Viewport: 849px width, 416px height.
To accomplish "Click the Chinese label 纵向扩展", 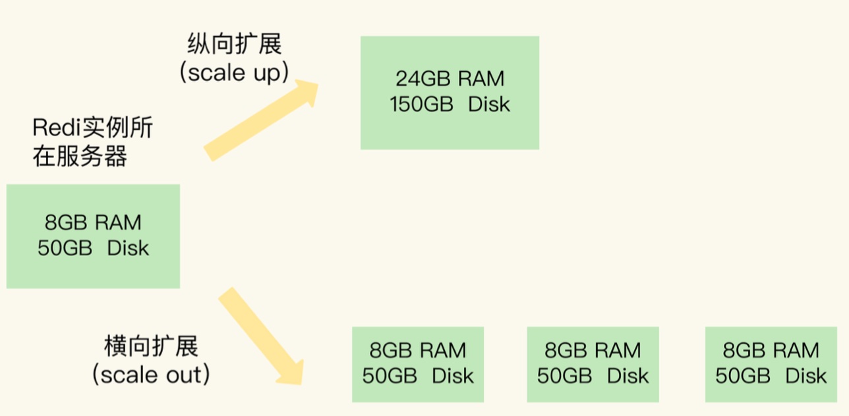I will point(234,45).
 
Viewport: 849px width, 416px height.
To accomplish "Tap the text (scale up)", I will point(234,73).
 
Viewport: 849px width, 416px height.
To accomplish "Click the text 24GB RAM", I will point(450,79).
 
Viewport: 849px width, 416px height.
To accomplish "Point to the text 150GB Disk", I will point(450,105).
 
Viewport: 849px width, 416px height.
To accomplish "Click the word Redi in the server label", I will point(53,128).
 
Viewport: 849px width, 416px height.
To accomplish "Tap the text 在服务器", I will point(80,157).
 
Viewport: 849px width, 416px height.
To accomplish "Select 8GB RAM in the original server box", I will point(93,222).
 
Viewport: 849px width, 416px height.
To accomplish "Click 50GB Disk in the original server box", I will point(93,249).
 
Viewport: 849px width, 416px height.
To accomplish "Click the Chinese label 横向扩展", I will point(151,347).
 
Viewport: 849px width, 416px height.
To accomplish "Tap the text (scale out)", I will point(151,375).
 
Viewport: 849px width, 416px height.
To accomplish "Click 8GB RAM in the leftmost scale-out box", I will point(418,350).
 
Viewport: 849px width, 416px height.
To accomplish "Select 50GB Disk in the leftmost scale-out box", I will point(418,376).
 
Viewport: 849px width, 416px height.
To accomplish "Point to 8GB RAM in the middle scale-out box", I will point(593,350).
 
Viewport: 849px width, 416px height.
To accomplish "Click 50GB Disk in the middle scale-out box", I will point(593,376).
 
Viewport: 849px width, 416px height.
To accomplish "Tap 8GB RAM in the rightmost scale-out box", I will point(771,350).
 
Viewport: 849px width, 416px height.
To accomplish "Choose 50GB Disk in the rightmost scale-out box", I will point(771,376).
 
